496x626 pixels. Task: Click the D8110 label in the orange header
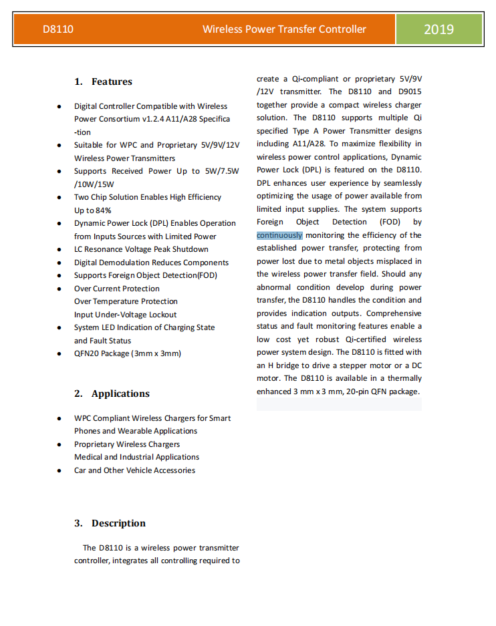pyautogui.click(x=58, y=29)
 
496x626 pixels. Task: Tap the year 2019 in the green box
pyautogui.click(x=439, y=29)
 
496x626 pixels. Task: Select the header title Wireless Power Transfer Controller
pyautogui.click(x=284, y=29)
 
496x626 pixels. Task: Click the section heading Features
pyautogui.click(x=112, y=82)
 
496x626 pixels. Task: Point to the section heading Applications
pyautogui.click(x=120, y=394)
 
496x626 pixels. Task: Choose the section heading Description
pyautogui.click(x=118, y=523)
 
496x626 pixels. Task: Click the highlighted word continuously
pyautogui.click(x=279, y=235)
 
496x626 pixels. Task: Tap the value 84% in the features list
pyautogui.click(x=102, y=210)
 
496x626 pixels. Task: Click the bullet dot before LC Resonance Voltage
pyautogui.click(x=59, y=249)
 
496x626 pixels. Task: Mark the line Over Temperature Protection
pyautogui.click(x=126, y=301)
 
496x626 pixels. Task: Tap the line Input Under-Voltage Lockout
pyautogui.click(x=125, y=315)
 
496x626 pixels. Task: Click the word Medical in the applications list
pyautogui.click(x=88, y=457)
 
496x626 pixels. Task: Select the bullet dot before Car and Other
pyautogui.click(x=59, y=470)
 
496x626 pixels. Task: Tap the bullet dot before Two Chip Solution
pyautogui.click(x=59, y=197)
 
